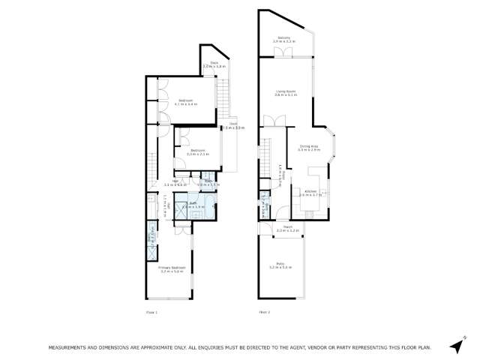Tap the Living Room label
pyautogui.click(x=286, y=93)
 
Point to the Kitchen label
pyautogui.click(x=311, y=192)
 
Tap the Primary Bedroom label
pyautogui.click(x=171, y=269)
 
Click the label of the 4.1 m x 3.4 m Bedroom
pyautogui.click(x=187, y=102)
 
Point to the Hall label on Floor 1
pyautogui.click(x=175, y=182)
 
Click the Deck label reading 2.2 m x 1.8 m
pyautogui.click(x=214, y=65)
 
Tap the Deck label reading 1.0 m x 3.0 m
pyautogui.click(x=233, y=127)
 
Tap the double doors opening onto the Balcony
pyautogui.click(x=281, y=52)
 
